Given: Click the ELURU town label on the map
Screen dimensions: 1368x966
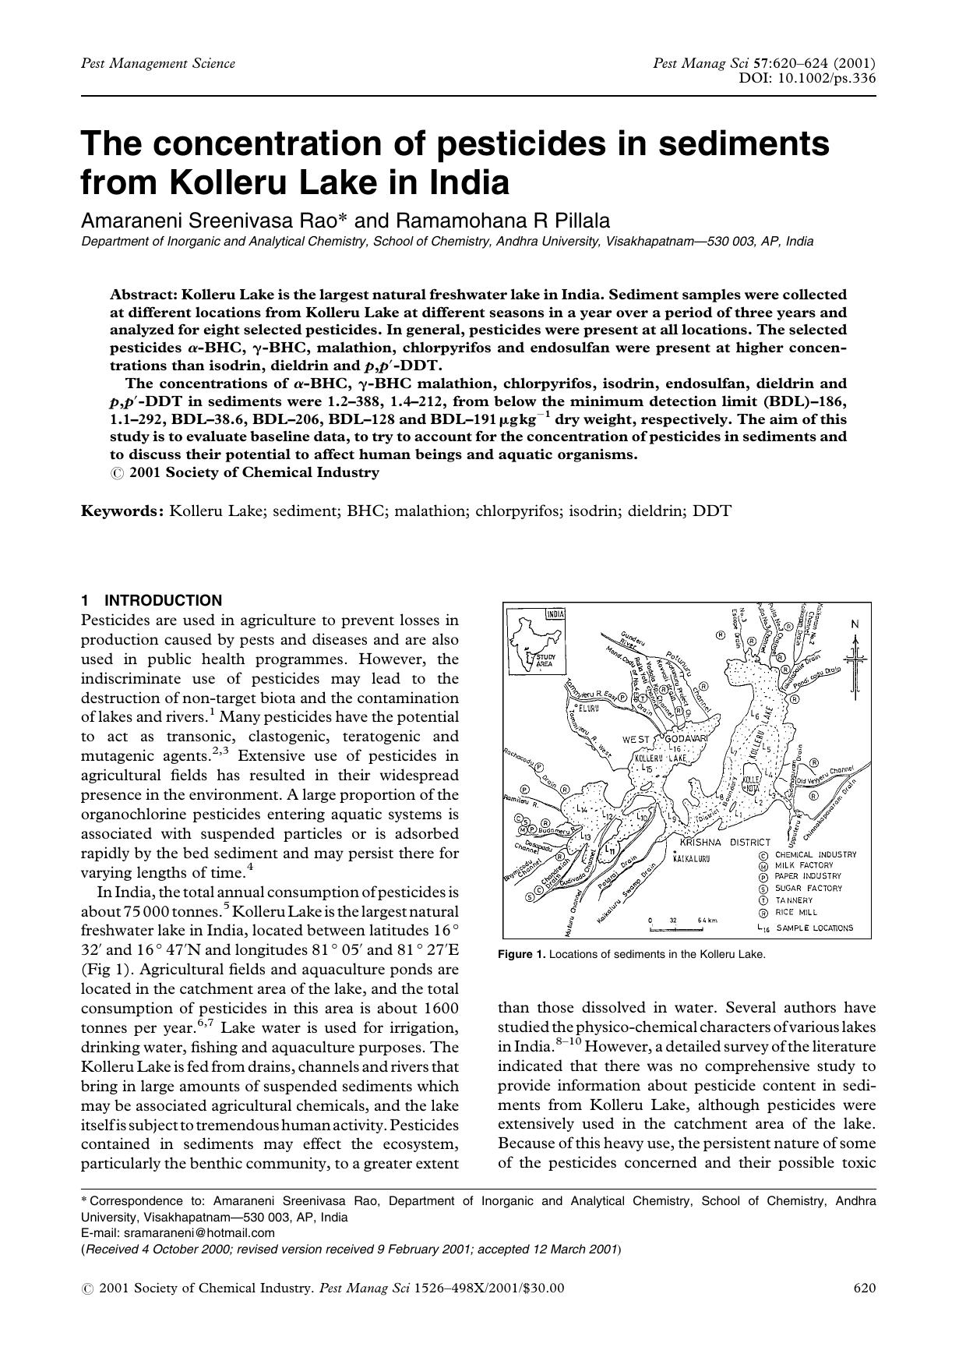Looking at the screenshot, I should coord(586,708).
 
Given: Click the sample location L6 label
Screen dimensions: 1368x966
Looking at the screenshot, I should coord(753,714).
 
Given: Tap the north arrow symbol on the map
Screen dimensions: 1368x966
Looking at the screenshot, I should coord(855,655).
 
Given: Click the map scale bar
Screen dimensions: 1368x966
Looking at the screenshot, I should coord(675,929).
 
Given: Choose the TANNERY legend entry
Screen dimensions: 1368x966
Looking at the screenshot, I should coord(793,900).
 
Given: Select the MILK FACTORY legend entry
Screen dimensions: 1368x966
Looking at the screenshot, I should coord(803,865).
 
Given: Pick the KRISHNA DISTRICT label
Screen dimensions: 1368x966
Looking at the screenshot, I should coord(724,843).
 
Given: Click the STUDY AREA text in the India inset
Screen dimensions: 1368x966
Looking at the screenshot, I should coord(545,660).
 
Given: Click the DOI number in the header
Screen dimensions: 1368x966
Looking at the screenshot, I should coord(827,78).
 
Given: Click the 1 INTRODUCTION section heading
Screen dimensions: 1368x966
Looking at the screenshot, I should coord(152,600).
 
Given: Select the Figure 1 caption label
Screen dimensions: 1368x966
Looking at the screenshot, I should coord(527,954).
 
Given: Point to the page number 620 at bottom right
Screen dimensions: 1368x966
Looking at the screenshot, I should coord(865,1288).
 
